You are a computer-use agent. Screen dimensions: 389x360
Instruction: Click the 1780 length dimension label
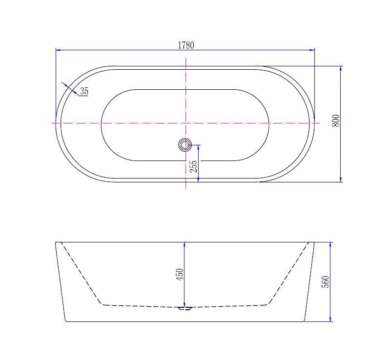[x=186, y=45]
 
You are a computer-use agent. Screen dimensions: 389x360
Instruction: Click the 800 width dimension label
[x=336, y=120]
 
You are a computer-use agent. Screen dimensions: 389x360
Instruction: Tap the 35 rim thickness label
[x=84, y=91]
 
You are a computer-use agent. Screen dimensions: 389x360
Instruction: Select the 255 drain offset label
[x=193, y=166]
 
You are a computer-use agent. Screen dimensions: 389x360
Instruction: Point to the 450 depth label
[x=180, y=275]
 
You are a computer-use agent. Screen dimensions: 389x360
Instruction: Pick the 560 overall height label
[x=325, y=281]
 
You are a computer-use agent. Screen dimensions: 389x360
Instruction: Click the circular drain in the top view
[x=185, y=145]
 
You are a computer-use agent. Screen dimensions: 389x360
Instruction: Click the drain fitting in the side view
[x=185, y=308]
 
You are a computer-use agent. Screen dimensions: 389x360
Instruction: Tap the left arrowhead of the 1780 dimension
[x=58, y=50]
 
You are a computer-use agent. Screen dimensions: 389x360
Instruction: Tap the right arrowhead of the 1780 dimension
[x=312, y=50]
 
